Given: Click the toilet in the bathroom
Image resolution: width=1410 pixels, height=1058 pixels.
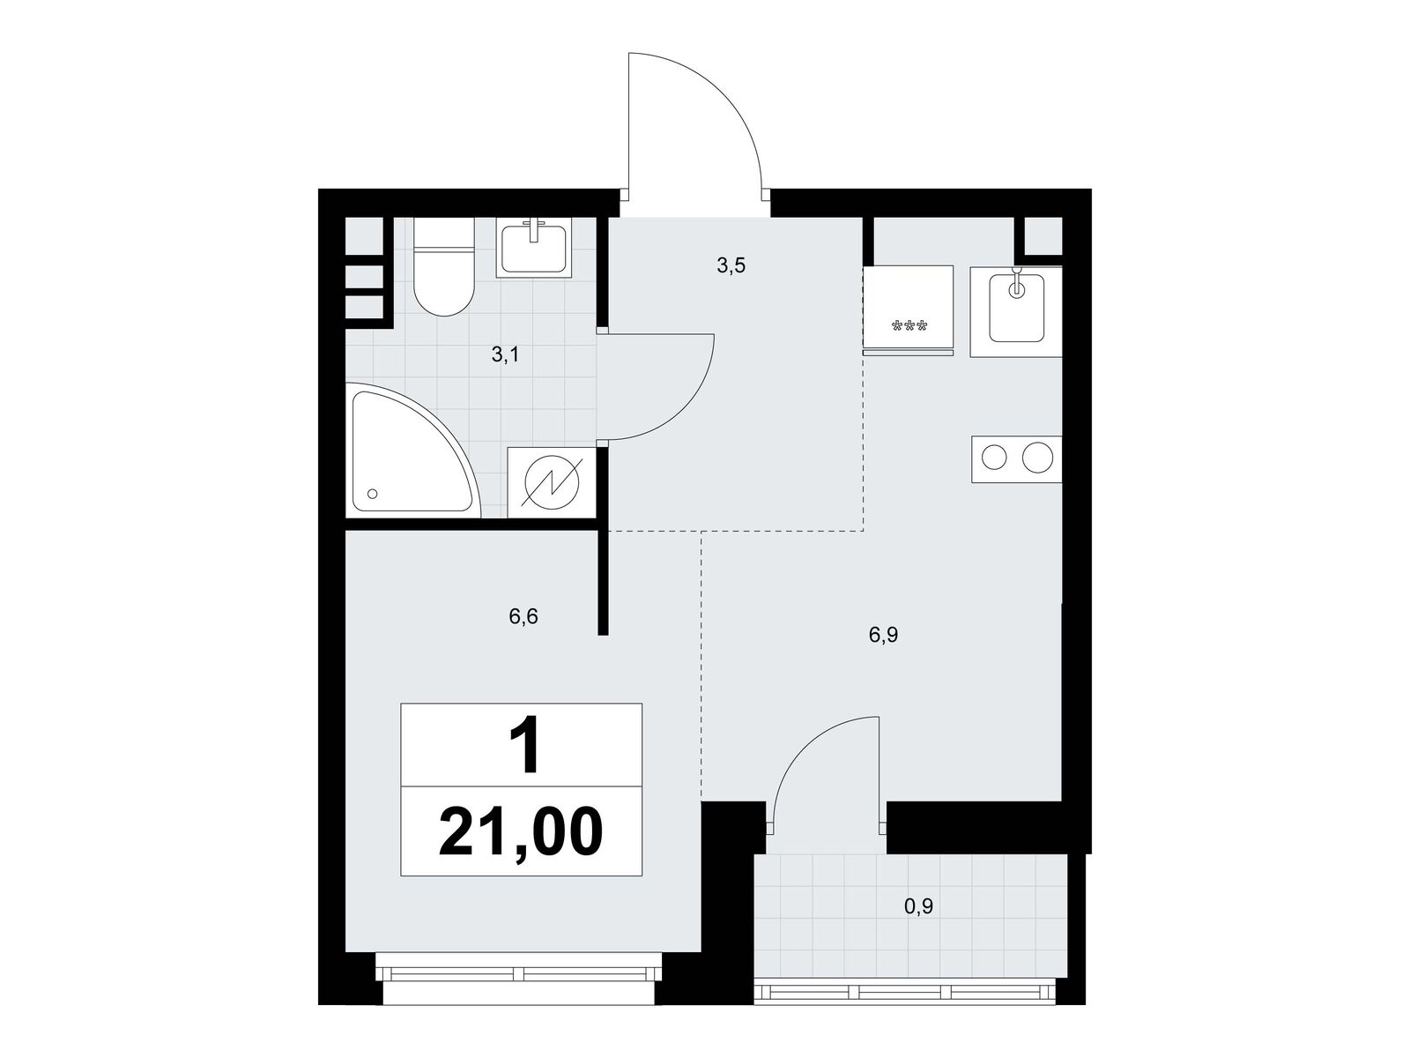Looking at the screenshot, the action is (443, 266).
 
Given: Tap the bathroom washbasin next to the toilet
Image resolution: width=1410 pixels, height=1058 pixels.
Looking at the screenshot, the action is (533, 248).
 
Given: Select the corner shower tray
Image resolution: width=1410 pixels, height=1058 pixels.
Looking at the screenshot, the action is (412, 450).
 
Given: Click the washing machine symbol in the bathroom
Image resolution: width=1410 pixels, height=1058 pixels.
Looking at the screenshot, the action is (552, 482).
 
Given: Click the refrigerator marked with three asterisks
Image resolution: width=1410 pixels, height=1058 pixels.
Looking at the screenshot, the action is (908, 309).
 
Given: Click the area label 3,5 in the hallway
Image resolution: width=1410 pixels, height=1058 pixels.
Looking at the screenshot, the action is (731, 265).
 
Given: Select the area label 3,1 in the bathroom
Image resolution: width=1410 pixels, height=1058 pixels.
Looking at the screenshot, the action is (505, 354).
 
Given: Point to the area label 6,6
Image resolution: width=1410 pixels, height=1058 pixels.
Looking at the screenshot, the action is (523, 617).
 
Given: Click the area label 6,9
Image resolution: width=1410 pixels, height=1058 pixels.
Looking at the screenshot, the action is (883, 636).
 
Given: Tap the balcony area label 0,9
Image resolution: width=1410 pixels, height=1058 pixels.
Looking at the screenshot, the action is (918, 906).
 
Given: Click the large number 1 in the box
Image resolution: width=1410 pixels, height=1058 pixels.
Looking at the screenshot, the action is (523, 746).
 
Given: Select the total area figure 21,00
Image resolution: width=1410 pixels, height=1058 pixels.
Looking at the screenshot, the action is (521, 831).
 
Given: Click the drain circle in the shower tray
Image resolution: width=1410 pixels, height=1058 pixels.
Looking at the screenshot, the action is (373, 494).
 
